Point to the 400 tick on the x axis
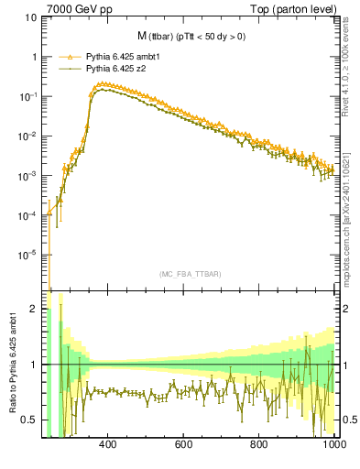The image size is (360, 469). tap(106, 444)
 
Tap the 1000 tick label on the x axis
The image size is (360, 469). tap(333, 444)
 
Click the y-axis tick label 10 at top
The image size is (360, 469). tap(31, 17)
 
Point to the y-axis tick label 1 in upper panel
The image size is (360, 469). tap(35, 57)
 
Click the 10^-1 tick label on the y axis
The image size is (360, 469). tap(29, 96)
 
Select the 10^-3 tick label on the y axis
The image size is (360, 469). tap(29, 175)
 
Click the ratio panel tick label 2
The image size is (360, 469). tap(35, 310)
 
